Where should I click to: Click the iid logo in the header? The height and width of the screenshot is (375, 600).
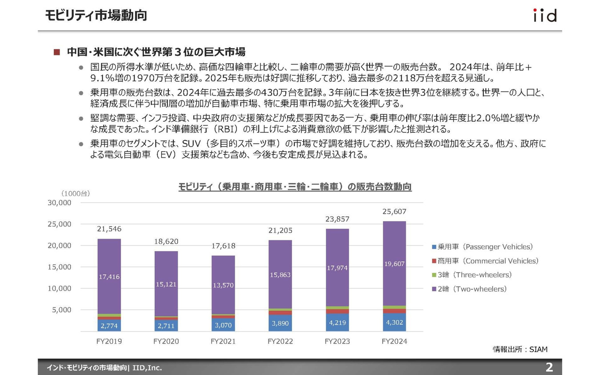544,16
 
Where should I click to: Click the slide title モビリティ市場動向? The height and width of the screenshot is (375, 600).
96,16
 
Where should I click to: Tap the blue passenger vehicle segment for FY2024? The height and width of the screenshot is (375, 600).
394,322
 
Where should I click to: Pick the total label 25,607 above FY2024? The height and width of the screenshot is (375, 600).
394,211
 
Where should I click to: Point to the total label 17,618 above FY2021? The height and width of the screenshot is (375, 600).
223,246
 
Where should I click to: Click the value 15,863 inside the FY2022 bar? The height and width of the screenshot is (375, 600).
280,275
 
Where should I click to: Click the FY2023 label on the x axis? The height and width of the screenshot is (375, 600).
337,342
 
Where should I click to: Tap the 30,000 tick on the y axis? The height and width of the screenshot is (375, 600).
59,203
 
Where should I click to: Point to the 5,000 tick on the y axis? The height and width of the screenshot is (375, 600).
62,310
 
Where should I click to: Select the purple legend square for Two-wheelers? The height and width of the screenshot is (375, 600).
434,289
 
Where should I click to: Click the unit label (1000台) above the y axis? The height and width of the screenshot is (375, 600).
76,193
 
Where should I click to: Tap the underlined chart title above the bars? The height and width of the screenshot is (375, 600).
295,187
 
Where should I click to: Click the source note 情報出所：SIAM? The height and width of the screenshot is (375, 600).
520,349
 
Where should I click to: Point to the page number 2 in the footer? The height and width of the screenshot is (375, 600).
549,367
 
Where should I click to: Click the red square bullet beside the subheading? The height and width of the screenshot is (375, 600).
56,52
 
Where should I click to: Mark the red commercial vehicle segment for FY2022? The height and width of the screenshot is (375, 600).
280,313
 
